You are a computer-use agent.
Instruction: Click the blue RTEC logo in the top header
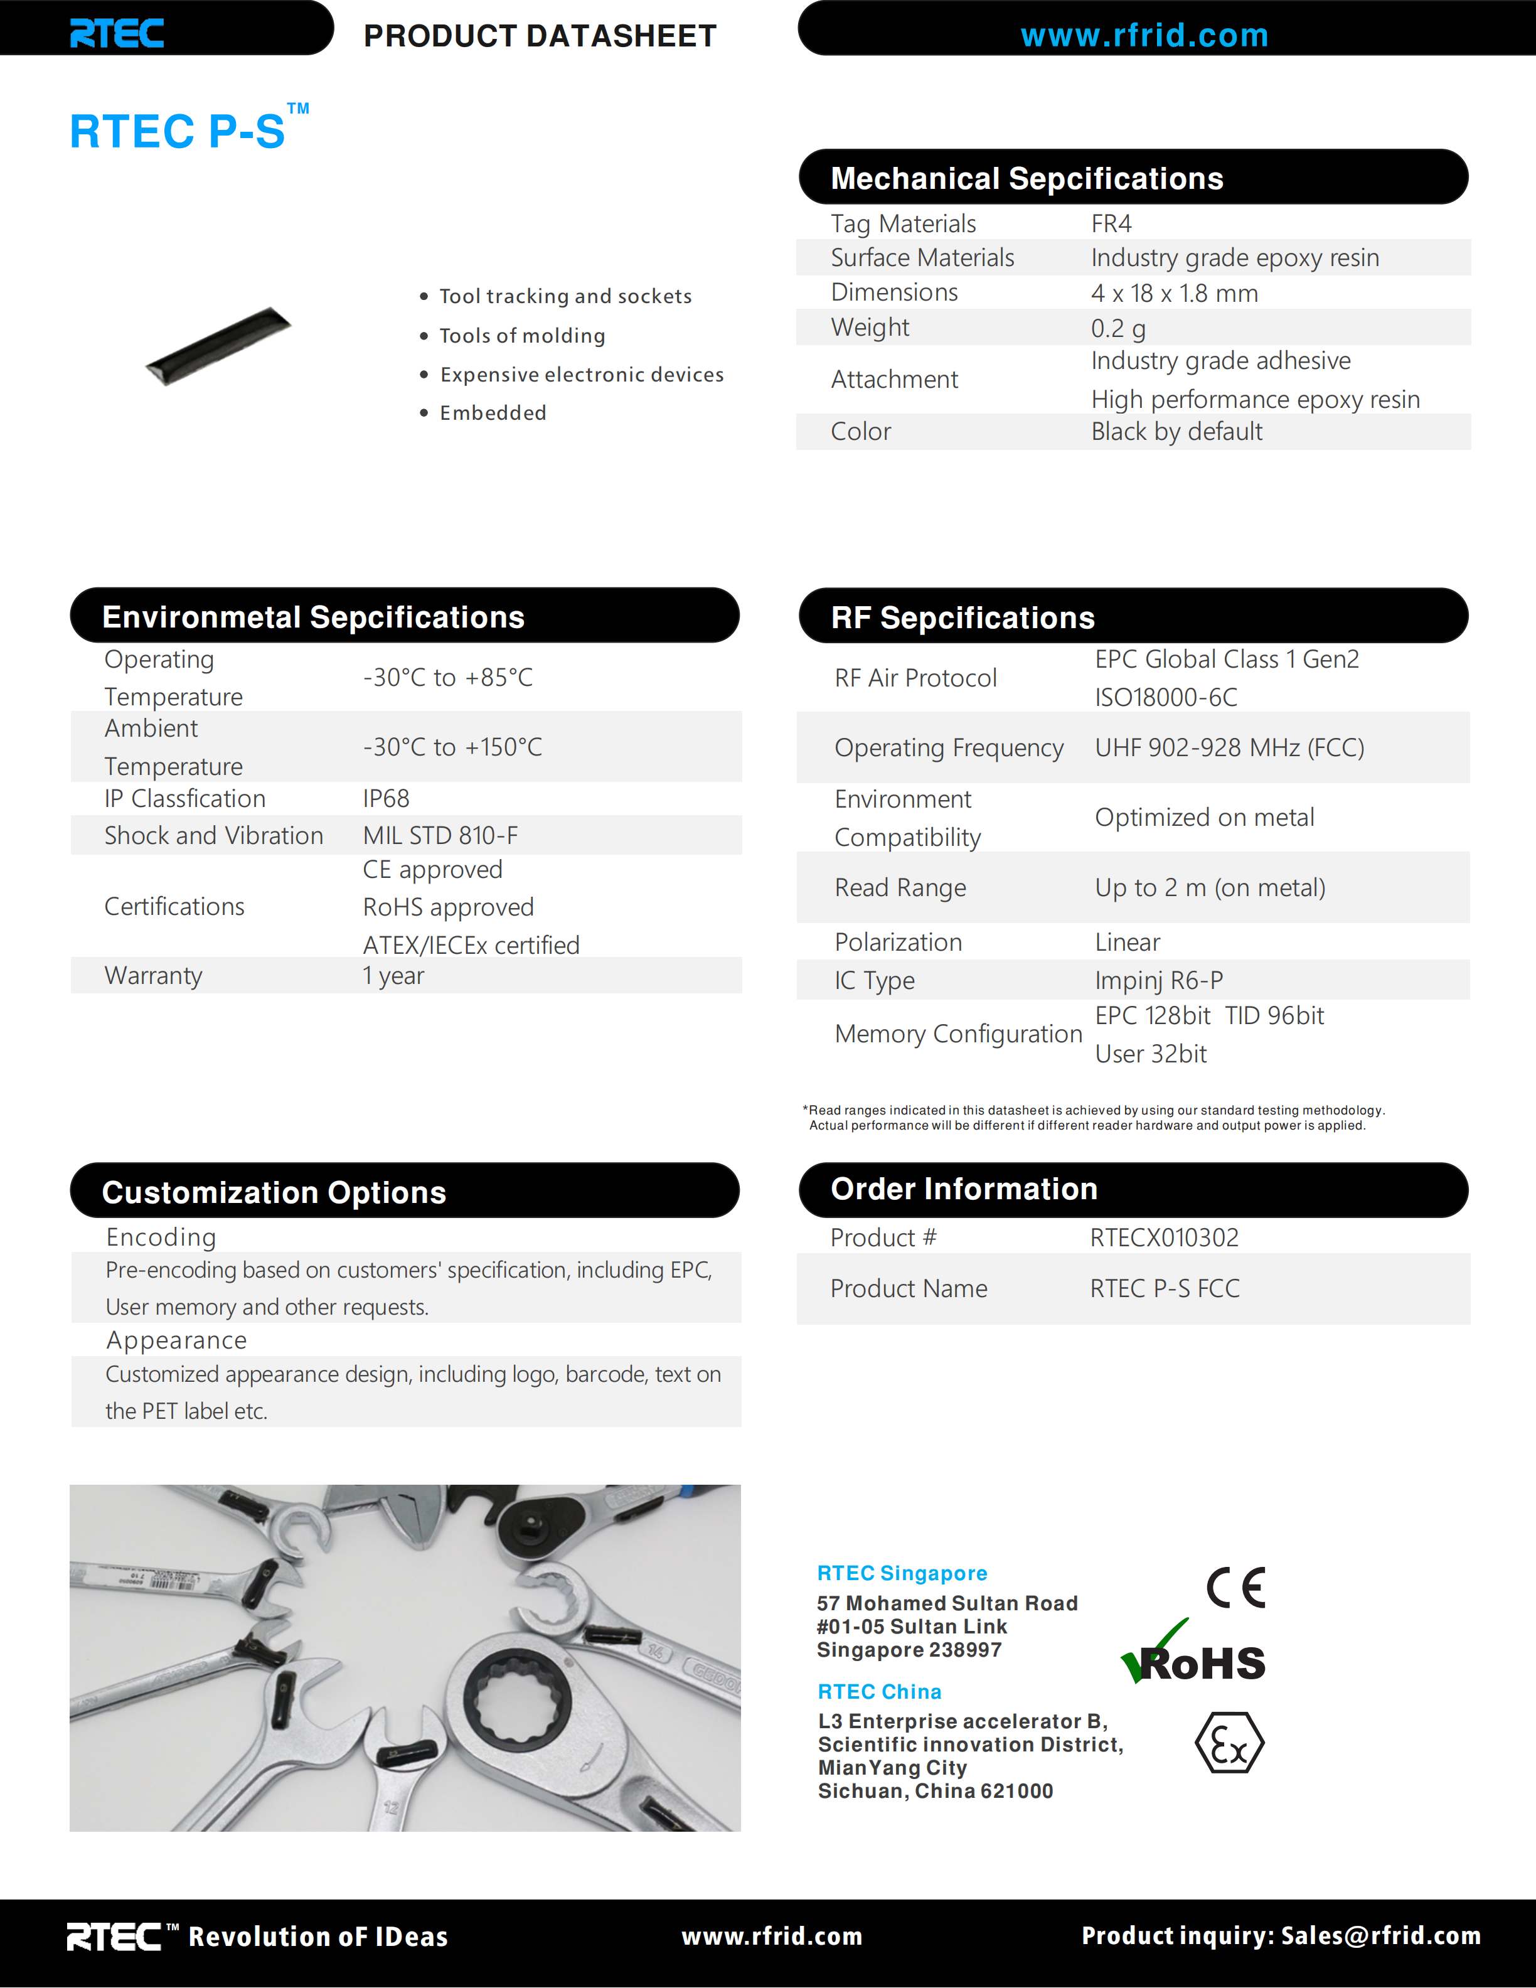coord(117,34)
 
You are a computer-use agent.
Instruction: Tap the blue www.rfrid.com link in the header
coord(1144,36)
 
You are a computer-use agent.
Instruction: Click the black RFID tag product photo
coord(218,345)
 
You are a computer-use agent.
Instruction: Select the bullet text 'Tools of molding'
coord(521,336)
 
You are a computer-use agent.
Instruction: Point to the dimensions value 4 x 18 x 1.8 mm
coord(1174,293)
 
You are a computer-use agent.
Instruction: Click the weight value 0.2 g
coord(1118,328)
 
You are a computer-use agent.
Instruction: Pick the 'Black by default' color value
coord(1176,432)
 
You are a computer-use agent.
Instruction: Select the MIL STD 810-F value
coord(440,836)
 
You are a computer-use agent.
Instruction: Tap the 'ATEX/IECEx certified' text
coord(471,945)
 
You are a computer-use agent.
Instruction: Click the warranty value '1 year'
coord(393,976)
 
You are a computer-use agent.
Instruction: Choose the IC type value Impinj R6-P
coord(1158,980)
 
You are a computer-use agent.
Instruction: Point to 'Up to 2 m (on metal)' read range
coord(1209,887)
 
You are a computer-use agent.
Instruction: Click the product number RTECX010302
coord(1164,1238)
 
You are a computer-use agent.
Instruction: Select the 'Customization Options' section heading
coord(274,1192)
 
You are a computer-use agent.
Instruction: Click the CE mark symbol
coord(1235,1588)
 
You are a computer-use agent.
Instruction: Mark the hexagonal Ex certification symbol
coord(1229,1743)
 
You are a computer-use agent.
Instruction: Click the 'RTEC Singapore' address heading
coord(902,1573)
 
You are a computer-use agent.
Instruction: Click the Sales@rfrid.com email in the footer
coord(1380,1935)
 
